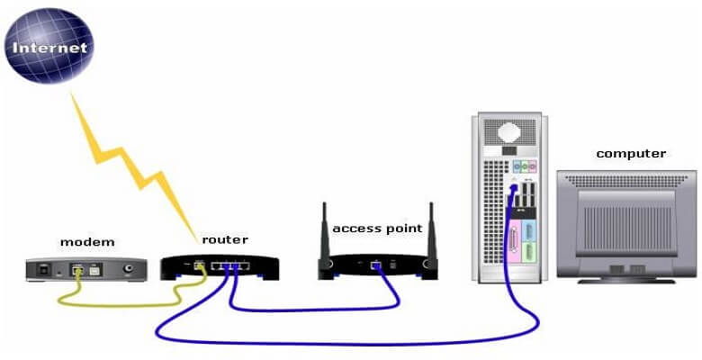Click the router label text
tap(224, 239)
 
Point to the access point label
tap(376, 229)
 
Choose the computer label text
tap(631, 153)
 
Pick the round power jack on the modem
tap(136, 267)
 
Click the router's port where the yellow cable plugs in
tap(199, 265)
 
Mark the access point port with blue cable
tap(375, 266)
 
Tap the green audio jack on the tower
tap(520, 167)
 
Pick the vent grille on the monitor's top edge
tap(629, 181)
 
